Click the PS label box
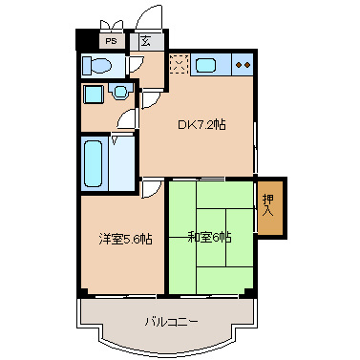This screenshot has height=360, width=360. pos(111,41)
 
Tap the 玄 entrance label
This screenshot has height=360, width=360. pos(145,41)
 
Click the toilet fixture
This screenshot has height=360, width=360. pos(96,66)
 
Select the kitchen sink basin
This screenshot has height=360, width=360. pos(205,65)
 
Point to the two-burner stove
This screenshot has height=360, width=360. pos(243,65)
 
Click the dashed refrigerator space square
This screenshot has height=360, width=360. pos(179,64)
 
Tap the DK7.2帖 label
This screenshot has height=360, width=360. pos(201,124)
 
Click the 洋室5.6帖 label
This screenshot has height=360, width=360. pos(125,239)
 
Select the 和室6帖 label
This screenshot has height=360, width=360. pos(209,238)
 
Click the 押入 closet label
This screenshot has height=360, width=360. pos(268,205)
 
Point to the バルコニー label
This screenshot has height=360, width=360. pos(172,322)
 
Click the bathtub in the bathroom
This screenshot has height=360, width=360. pos(94,163)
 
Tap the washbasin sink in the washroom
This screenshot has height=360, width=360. pos(120,92)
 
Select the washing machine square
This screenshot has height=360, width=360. pos(94,94)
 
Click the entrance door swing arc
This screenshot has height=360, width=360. pos(149,15)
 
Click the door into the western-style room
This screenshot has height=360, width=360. pos(151,189)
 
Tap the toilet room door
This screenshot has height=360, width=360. pos(135,65)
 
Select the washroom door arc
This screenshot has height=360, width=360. pos(127,118)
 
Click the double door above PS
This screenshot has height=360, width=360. pos(112,25)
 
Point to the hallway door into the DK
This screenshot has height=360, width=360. pos(151,99)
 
